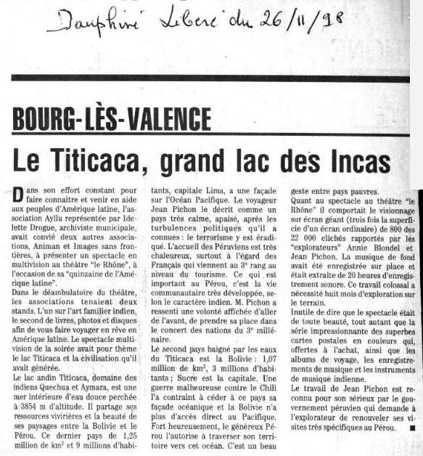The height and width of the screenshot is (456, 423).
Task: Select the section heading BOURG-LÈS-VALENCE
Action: click(112, 118)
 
